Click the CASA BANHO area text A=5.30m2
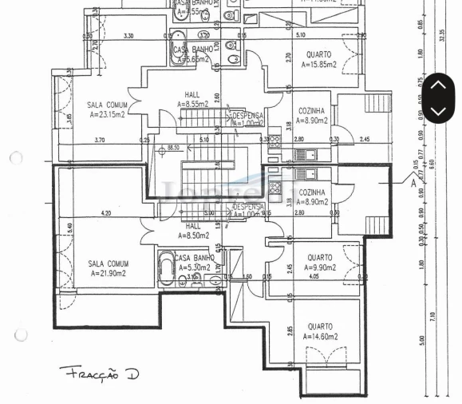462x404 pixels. coord(192,267)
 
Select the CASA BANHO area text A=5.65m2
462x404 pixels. coord(192,59)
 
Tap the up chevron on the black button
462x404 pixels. coord(438,85)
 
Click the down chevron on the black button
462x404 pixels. coord(438,110)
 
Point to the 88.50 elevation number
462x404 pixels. coord(173,148)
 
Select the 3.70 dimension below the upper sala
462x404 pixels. coord(99,141)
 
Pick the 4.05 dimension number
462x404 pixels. coord(314,276)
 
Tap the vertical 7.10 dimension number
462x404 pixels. coord(432,315)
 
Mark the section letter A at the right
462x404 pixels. coord(413,182)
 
